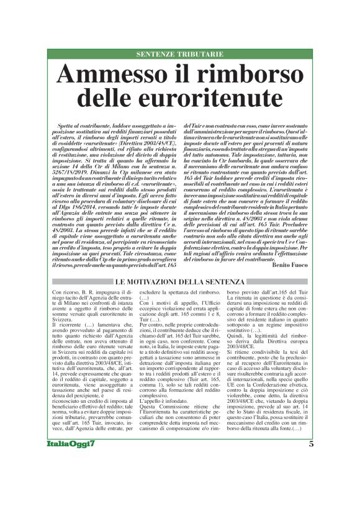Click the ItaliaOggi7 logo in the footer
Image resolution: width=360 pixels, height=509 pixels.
71,462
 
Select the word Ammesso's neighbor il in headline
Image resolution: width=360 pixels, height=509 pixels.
182,74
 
